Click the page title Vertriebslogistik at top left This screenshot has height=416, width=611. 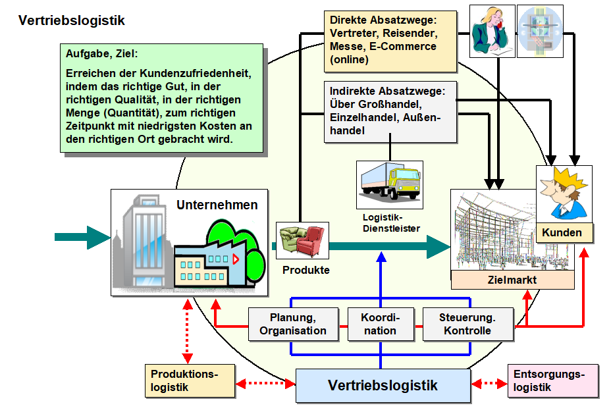click(72, 20)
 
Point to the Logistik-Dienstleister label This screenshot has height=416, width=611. click(391, 222)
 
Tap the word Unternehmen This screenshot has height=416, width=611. click(217, 205)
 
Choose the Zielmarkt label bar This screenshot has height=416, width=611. click(512, 280)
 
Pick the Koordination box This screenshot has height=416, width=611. click(380, 325)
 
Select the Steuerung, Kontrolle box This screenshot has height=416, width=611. click(467, 325)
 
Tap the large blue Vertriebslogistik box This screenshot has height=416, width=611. click(383, 385)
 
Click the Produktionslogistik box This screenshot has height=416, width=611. click(190, 381)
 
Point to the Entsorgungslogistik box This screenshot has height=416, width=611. click(553, 381)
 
